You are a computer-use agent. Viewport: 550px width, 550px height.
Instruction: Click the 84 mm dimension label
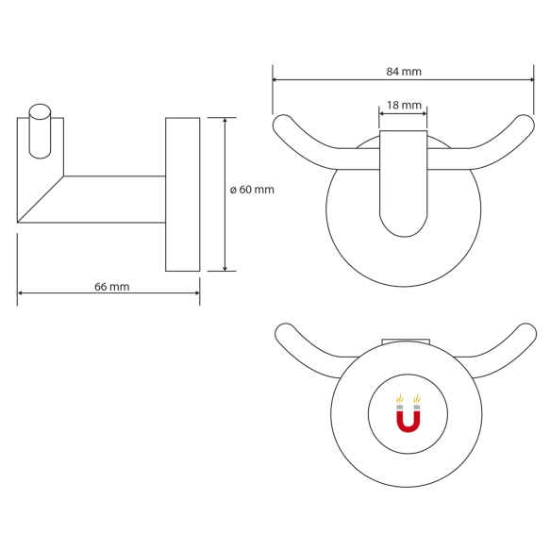point(404,72)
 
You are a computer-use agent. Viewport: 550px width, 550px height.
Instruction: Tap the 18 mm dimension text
point(404,106)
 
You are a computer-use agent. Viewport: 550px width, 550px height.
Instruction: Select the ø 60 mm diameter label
point(252,190)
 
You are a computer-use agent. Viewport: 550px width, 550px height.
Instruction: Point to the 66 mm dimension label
point(112,287)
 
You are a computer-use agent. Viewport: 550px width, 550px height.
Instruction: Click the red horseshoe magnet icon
point(408,414)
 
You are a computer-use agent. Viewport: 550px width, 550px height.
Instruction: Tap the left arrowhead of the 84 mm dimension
point(276,80)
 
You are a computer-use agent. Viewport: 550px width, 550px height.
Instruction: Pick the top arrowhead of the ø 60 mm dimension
point(225,122)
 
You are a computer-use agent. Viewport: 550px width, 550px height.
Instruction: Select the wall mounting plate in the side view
point(182,194)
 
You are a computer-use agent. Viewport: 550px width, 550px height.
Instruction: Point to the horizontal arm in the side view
point(113,199)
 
